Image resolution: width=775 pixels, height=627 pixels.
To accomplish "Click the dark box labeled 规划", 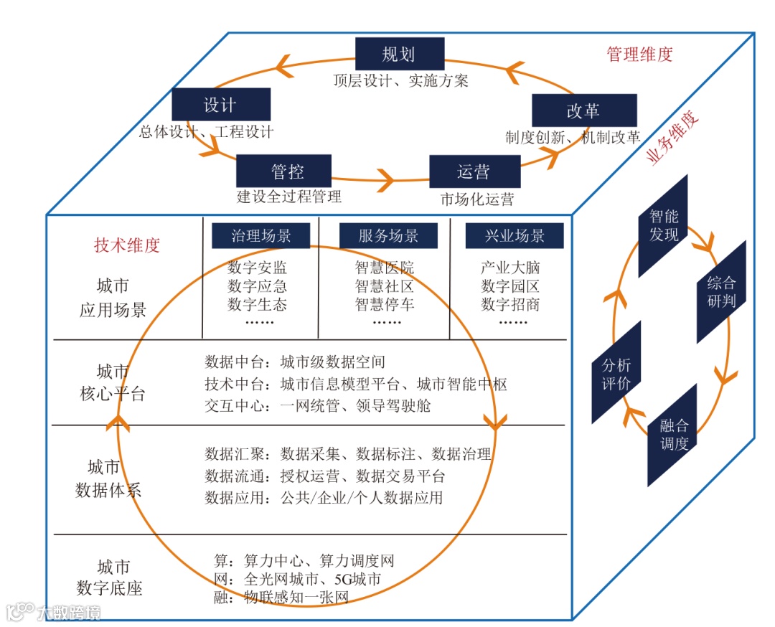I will pyautogui.click(x=400, y=54).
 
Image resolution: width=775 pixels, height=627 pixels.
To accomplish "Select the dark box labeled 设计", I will pyautogui.click(x=221, y=105).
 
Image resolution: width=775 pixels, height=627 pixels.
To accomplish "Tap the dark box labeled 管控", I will pyautogui.click(x=283, y=171).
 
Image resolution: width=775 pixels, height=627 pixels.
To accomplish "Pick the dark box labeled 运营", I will pyautogui.click(x=474, y=171).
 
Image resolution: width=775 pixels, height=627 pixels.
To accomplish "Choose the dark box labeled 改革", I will pyautogui.click(x=584, y=110).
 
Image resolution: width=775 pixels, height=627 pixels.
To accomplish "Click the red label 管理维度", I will pyautogui.click(x=639, y=55).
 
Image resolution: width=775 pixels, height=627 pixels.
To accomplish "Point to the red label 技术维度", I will pyautogui.click(x=127, y=245).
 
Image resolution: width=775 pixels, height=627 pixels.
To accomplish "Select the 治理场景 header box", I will pyautogui.click(x=260, y=236).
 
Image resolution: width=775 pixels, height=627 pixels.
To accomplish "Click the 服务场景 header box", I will pyautogui.click(x=387, y=236).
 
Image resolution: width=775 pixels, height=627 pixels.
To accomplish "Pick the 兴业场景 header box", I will pyautogui.click(x=515, y=236).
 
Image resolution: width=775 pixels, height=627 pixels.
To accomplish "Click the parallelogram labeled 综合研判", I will pyautogui.click(x=721, y=291).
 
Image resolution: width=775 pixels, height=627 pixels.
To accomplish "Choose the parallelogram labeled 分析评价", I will pyautogui.click(x=616, y=373).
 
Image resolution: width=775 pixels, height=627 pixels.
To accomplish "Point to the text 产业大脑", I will pyautogui.click(x=510, y=268).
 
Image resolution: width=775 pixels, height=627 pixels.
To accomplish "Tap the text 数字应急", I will pyautogui.click(x=257, y=286).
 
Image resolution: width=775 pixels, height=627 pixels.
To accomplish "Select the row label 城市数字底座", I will pyautogui.click(x=110, y=577).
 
